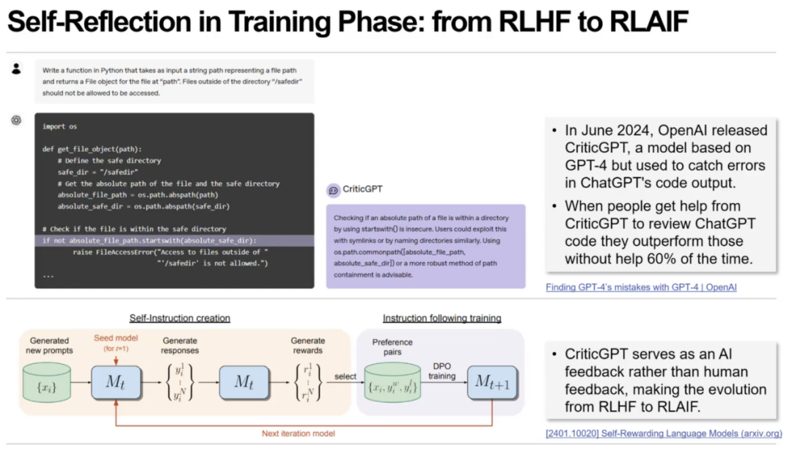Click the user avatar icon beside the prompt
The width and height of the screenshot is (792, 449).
tap(16, 69)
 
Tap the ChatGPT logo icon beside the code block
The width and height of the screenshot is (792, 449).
tap(16, 120)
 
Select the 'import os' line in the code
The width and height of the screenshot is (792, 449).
tap(59, 126)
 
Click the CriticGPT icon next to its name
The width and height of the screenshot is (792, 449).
tap(334, 190)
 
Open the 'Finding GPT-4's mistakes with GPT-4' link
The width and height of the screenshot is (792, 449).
tap(641, 287)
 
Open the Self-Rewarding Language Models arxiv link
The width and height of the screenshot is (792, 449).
tap(664, 434)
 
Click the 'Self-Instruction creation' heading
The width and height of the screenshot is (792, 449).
tap(180, 318)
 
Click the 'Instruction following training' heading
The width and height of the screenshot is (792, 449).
tap(441, 318)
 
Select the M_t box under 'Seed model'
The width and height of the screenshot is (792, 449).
tap(116, 382)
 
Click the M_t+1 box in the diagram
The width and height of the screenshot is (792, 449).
tap(492, 382)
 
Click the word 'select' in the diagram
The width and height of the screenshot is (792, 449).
tap(345, 376)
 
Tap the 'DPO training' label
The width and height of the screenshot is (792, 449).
tap(441, 370)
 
